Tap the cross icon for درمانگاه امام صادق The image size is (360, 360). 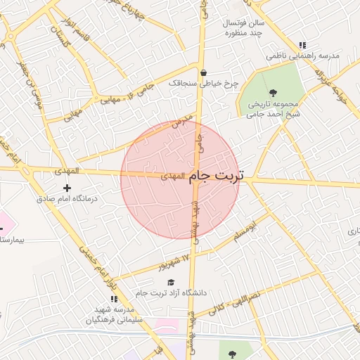pos(67,188)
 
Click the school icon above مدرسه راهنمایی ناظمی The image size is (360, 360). pos(302,44)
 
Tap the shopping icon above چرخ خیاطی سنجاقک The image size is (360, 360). pos(203,72)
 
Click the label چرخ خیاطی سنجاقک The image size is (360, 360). pos(204,83)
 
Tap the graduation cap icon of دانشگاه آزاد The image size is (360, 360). pos(170,281)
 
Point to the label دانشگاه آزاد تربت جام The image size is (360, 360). pos(172,292)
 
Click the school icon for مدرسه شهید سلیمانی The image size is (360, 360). pos(114,300)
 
